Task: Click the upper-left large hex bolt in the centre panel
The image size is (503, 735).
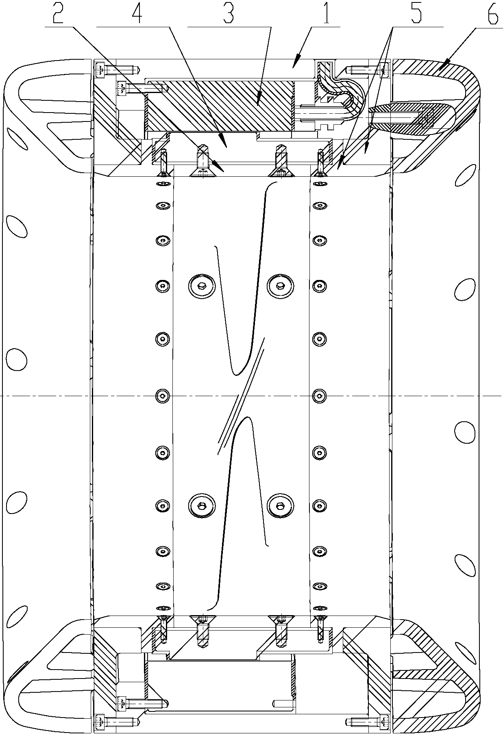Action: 201,286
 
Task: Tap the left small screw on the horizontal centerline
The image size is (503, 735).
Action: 163,395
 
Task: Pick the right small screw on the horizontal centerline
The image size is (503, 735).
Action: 320,395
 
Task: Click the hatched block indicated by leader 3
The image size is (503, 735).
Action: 220,105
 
